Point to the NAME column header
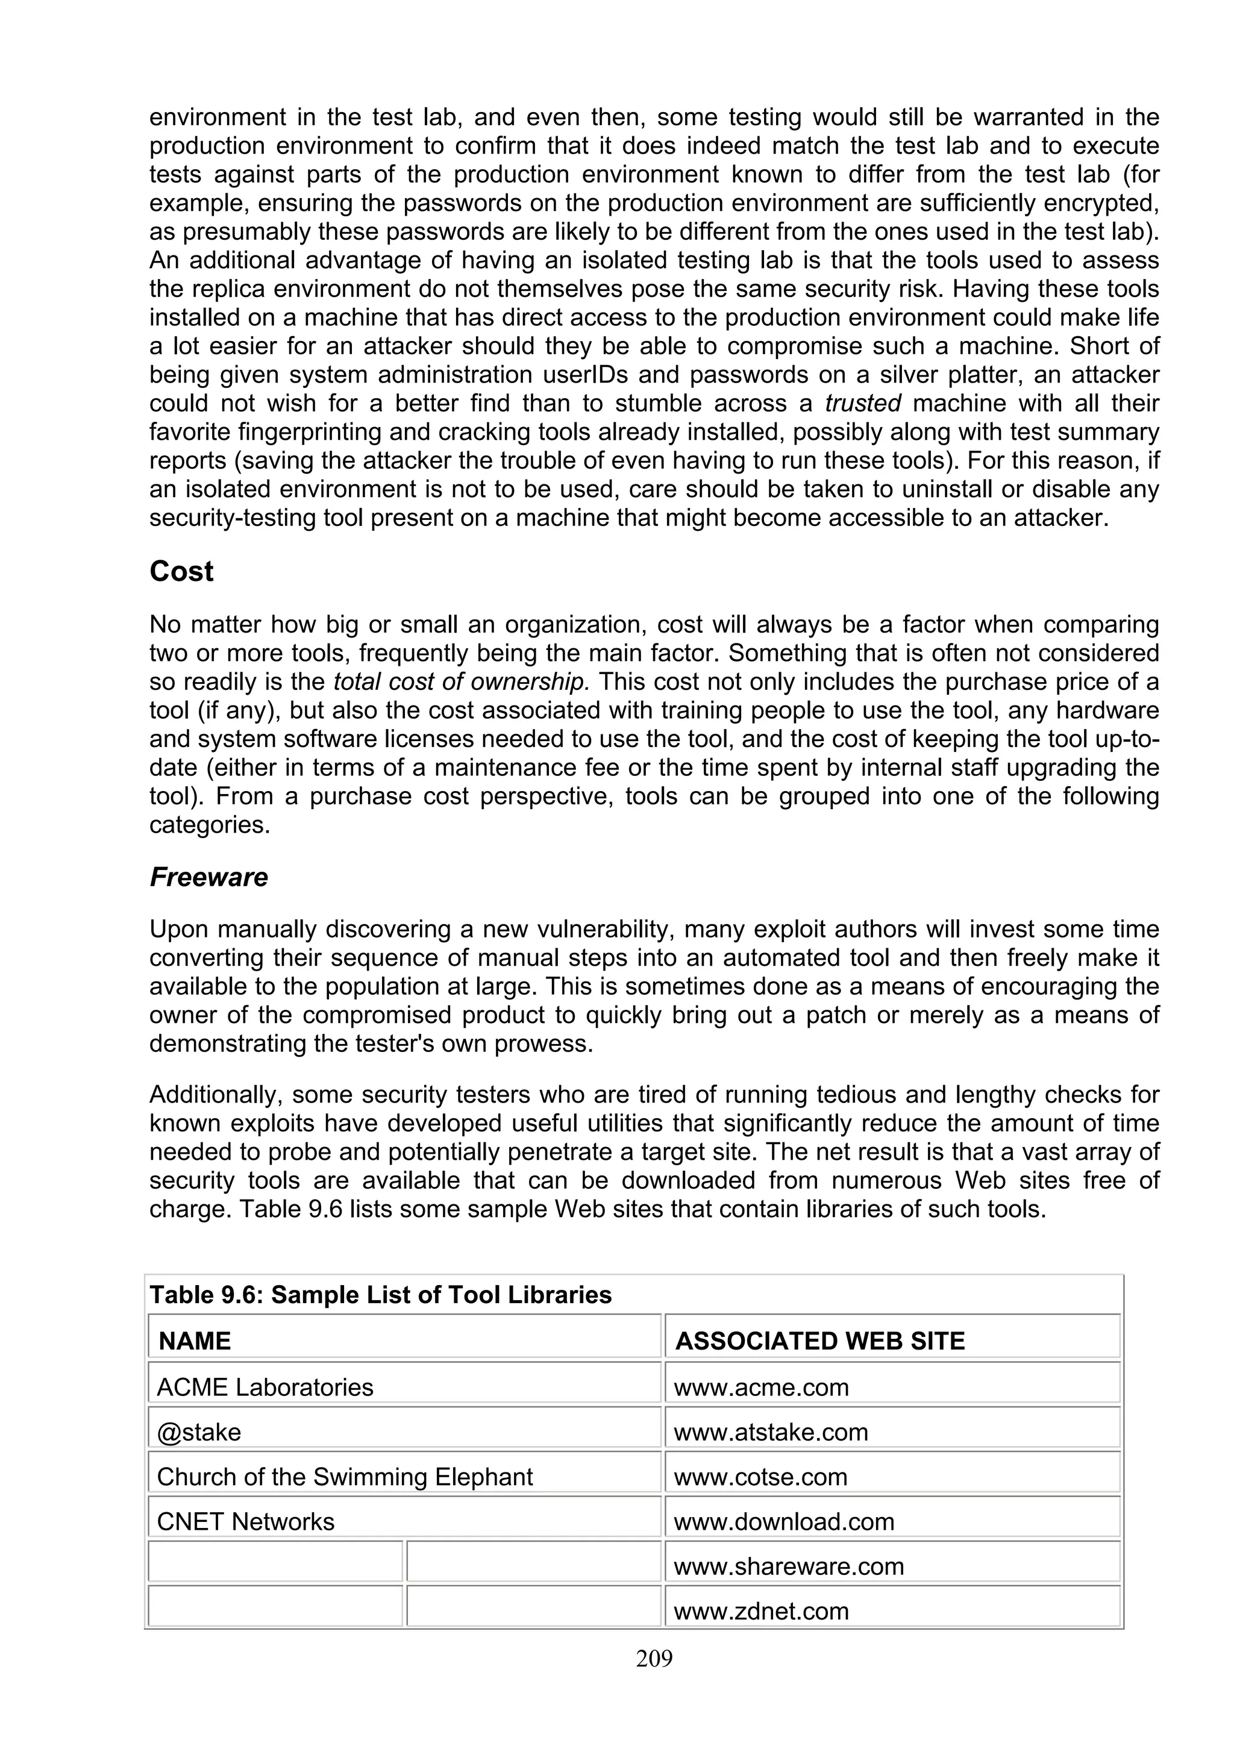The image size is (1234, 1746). coord(195,1340)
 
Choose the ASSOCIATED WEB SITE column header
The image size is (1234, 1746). coord(819,1340)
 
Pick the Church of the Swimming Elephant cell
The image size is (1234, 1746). coord(345,1477)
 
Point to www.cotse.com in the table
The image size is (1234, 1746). coord(760,1477)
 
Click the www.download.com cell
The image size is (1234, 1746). coord(784,1522)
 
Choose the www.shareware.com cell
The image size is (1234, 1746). coord(789,1566)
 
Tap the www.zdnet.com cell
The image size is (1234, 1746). coord(761,1610)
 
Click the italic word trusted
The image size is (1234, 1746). coord(863,403)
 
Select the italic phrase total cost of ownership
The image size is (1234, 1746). coord(462,682)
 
